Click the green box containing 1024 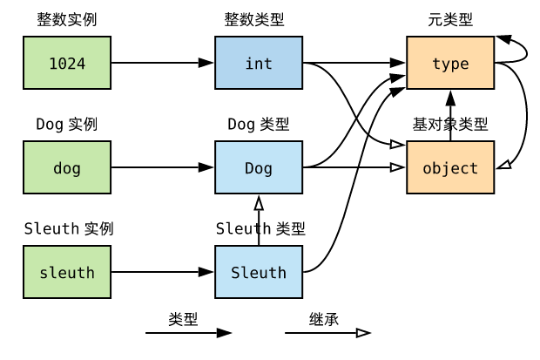pos(67,63)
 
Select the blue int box pos(259,63)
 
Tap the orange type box pos(450,63)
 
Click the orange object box pos(450,167)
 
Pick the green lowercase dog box pos(67,167)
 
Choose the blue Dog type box pos(259,167)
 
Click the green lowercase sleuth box pos(67,272)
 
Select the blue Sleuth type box pos(259,272)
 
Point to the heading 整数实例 pos(67,19)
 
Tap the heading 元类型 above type pos(450,19)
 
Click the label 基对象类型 pos(450,125)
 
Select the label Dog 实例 pos(67,125)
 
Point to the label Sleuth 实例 pos(69,229)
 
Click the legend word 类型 pos(183,320)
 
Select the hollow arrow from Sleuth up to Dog pos(259,221)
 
